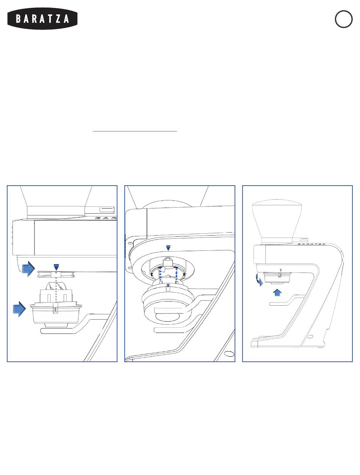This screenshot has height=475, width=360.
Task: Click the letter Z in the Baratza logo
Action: (x=58, y=19)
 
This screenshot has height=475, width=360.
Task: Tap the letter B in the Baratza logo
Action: (x=19, y=19)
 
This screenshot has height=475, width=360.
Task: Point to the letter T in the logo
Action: (x=49, y=19)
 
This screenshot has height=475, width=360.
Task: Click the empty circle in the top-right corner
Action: (x=344, y=19)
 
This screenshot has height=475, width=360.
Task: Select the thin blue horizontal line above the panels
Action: (x=135, y=131)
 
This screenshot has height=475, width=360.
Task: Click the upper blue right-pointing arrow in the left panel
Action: (x=28, y=269)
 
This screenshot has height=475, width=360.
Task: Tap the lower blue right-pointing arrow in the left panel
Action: (x=19, y=309)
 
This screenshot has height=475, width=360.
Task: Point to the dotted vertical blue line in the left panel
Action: (x=56, y=291)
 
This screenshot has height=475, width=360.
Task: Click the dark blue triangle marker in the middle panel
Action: (x=168, y=248)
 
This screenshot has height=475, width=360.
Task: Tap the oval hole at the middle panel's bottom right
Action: (x=229, y=354)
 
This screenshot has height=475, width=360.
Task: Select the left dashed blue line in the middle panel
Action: (x=160, y=275)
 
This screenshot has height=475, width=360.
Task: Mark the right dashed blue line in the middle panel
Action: (x=177, y=275)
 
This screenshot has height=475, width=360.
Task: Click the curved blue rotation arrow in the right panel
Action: (x=259, y=280)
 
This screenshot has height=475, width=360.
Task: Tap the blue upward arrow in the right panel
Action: (x=277, y=293)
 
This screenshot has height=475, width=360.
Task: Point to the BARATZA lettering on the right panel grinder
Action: (x=311, y=244)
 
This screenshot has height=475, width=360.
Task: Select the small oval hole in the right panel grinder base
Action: (x=310, y=337)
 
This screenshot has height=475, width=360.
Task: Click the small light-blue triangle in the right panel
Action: (x=281, y=270)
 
